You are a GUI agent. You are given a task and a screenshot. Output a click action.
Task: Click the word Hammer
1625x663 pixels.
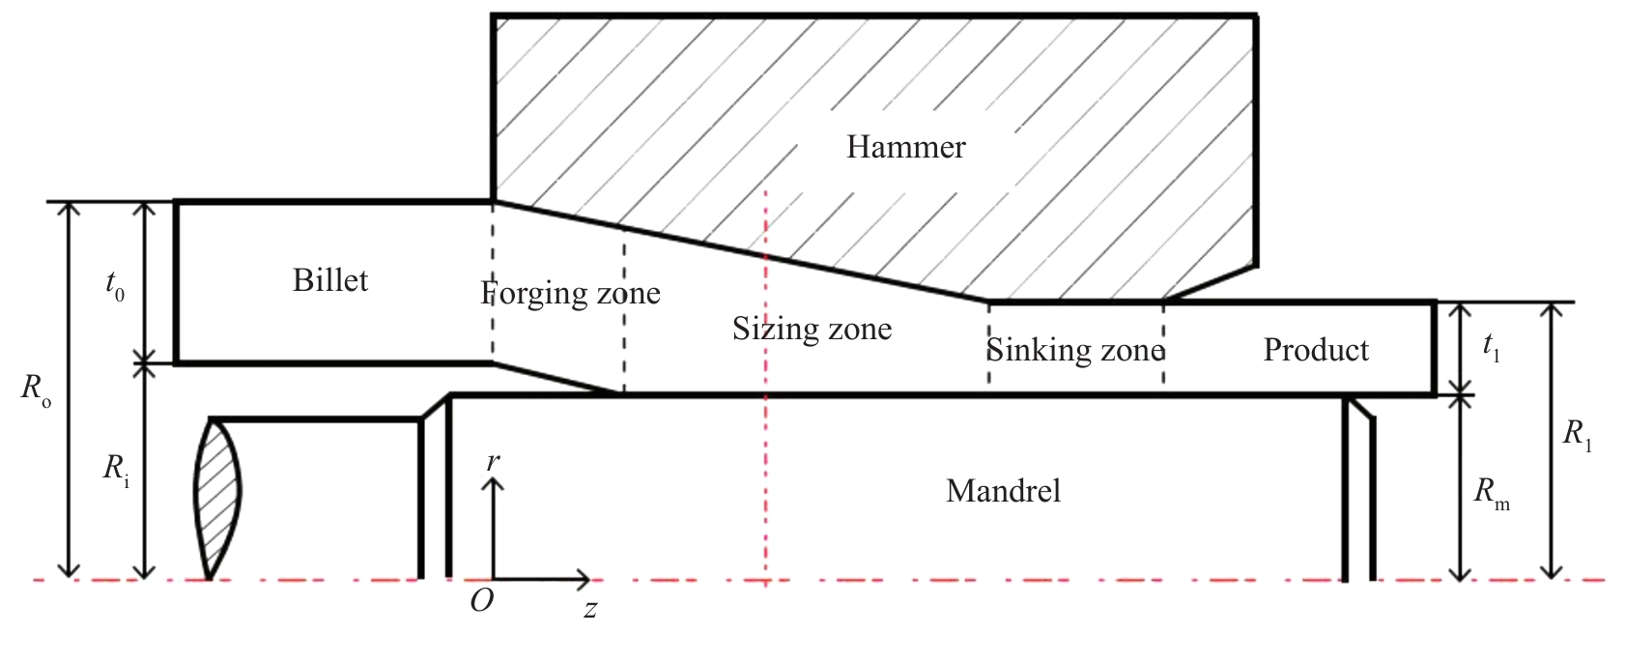pos(905,147)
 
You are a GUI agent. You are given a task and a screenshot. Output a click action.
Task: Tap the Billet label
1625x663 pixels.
pos(330,280)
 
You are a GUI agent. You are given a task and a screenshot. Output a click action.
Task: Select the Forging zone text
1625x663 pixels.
pos(571,293)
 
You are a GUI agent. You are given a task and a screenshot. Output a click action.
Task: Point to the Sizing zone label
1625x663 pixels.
pos(812,330)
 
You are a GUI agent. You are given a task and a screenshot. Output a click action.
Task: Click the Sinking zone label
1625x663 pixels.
pos(1074,350)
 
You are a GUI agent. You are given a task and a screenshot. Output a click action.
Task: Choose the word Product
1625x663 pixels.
pos(1316,350)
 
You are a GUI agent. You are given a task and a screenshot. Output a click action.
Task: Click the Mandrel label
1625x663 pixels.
pos(1003,491)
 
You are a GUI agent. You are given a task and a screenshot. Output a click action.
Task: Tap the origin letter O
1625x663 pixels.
pos(481,601)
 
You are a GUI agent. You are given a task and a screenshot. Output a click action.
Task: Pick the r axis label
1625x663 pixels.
pos(493,462)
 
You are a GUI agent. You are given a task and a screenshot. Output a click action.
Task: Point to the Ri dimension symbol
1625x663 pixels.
pos(116,470)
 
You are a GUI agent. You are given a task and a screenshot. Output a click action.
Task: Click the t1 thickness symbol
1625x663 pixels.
pos(1491,349)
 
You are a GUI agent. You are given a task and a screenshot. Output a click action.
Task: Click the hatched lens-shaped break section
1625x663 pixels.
pos(217,493)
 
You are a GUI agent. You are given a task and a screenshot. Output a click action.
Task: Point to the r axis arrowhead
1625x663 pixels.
pos(493,483)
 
